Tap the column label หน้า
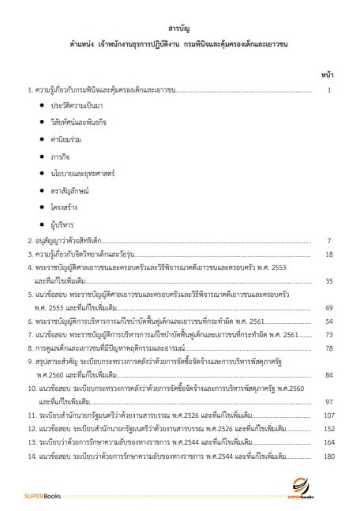pyautogui.click(x=328, y=73)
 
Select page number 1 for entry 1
pyautogui.click(x=331, y=90)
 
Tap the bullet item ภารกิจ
pyautogui.click(x=62, y=156)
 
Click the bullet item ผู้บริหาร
pyautogui.click(x=64, y=225)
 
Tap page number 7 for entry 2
pyautogui.click(x=331, y=240)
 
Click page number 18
pyautogui.click(x=329, y=254)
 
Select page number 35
pyautogui.click(x=329, y=280)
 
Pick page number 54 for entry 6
pyautogui.click(x=329, y=321)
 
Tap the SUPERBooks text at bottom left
pyautogui.click(x=29, y=494)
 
